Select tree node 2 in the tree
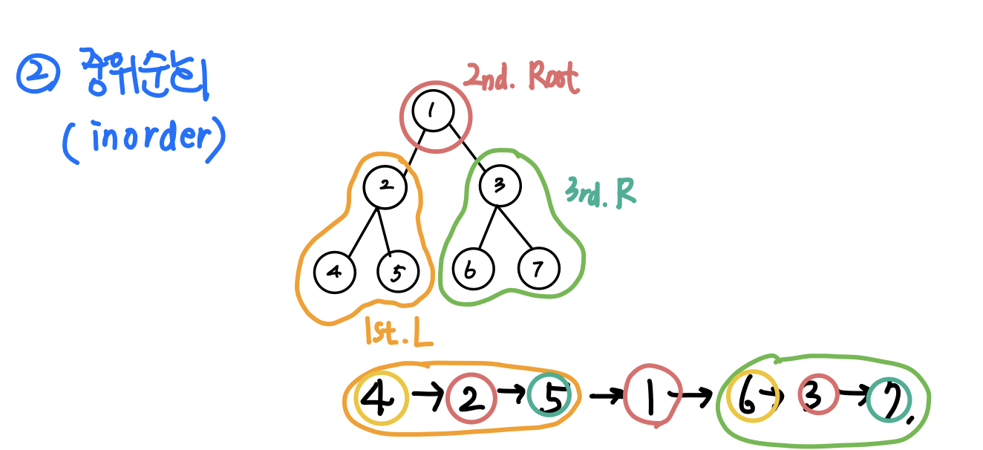[385, 187]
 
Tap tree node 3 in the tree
[500, 186]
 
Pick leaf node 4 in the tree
[335, 272]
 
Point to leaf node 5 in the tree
[398, 273]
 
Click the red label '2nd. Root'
[521, 76]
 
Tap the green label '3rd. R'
[601, 193]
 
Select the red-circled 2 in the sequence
[471, 400]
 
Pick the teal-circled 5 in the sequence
[549, 397]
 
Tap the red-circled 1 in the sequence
[652, 397]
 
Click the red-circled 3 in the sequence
[818, 395]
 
